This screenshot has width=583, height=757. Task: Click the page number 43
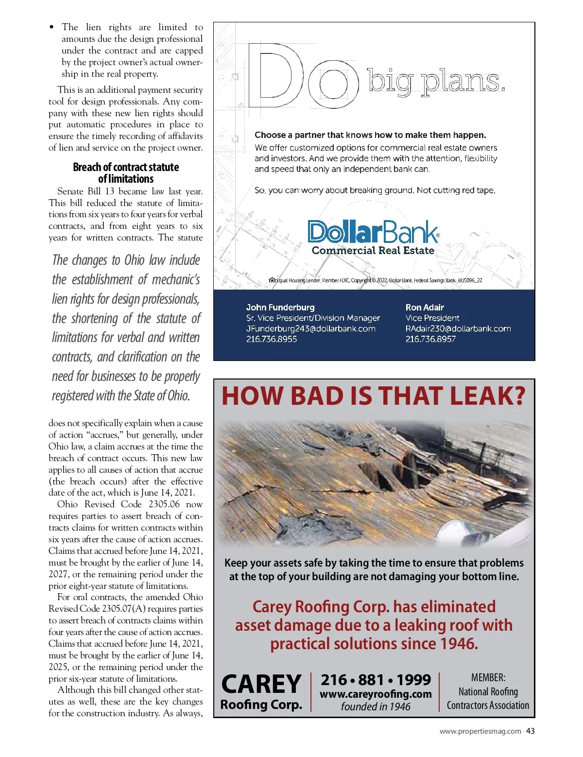(x=530, y=731)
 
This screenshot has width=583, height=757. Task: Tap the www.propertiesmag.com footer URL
(x=480, y=731)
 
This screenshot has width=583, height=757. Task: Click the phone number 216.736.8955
(x=271, y=339)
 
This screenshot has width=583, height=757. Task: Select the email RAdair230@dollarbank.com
(x=458, y=328)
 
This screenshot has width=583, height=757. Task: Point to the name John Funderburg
(x=280, y=307)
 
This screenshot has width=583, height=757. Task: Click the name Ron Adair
(x=425, y=307)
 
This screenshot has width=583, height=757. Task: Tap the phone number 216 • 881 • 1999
(x=376, y=679)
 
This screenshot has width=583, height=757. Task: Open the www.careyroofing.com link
(x=376, y=694)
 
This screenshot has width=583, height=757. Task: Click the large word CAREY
(x=261, y=684)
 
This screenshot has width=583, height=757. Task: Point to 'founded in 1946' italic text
(x=376, y=707)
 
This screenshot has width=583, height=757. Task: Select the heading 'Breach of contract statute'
(x=126, y=167)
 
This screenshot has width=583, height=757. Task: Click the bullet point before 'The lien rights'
(x=52, y=28)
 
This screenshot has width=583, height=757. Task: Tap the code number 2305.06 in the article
(x=164, y=504)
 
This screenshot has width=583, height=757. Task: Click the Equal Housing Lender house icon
(x=272, y=280)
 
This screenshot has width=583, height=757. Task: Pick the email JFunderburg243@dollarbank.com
(x=310, y=328)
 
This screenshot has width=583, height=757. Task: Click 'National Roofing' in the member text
(x=488, y=691)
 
